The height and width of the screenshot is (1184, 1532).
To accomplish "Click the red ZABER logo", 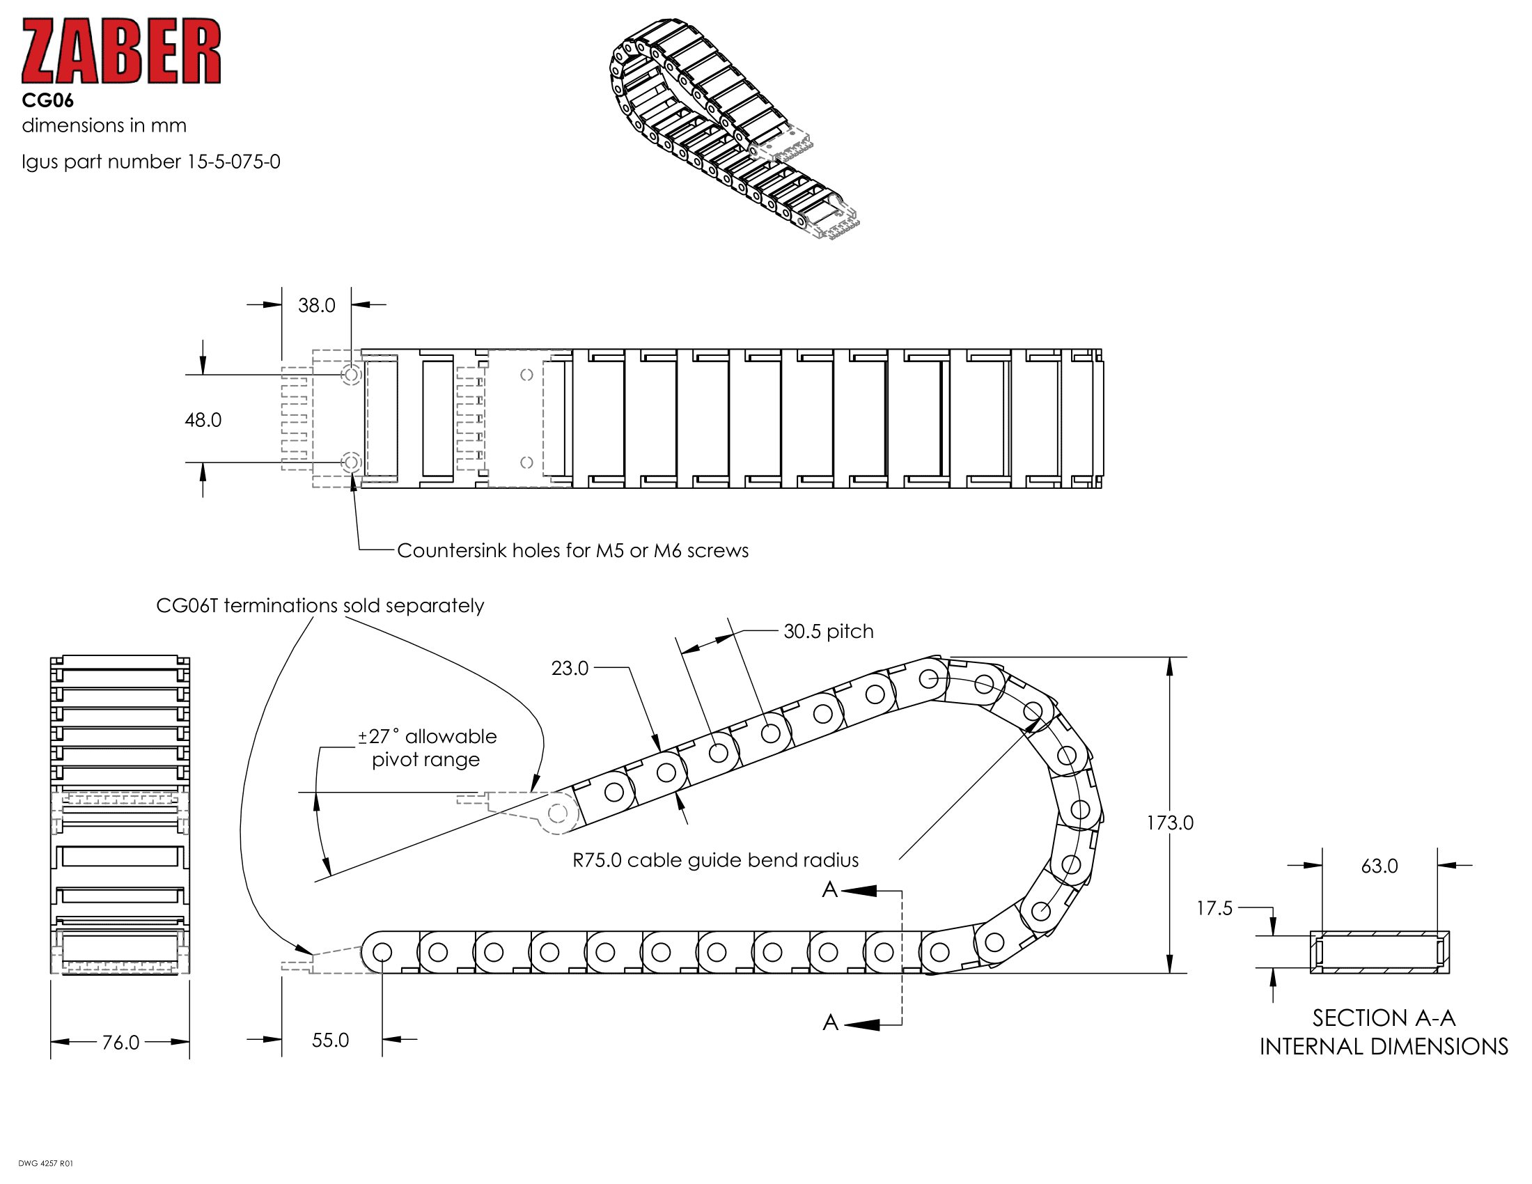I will (121, 52).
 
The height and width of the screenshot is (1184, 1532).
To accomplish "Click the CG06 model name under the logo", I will (47, 101).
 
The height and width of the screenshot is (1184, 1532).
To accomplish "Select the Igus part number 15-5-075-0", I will (151, 162).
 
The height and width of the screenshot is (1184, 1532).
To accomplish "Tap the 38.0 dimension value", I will (316, 306).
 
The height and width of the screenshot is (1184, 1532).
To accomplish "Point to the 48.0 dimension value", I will (203, 420).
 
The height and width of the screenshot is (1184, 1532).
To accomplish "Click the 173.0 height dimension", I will (1169, 823).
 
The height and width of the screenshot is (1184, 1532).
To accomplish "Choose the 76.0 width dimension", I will (120, 1043).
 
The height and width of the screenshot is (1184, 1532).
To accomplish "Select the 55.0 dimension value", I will (329, 1041).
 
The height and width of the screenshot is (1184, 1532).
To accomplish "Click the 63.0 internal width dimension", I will (1379, 866).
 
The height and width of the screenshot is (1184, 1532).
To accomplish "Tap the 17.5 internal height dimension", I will (1214, 908).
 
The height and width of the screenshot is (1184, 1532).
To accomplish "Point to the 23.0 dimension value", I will (570, 669).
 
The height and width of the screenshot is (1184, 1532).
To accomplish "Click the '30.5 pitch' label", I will (828, 631).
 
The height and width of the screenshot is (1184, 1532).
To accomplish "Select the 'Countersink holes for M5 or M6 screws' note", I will (572, 551).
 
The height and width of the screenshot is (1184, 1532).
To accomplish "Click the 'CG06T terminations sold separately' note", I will (320, 605).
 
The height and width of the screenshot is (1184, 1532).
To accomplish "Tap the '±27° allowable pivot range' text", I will (426, 748).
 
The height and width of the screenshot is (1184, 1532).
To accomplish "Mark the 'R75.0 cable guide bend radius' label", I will (715, 861).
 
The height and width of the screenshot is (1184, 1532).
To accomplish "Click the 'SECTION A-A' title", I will (1383, 1018).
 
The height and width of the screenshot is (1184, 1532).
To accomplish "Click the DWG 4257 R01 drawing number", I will (45, 1164).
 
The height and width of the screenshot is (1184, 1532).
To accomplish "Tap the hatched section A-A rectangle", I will (1379, 952).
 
